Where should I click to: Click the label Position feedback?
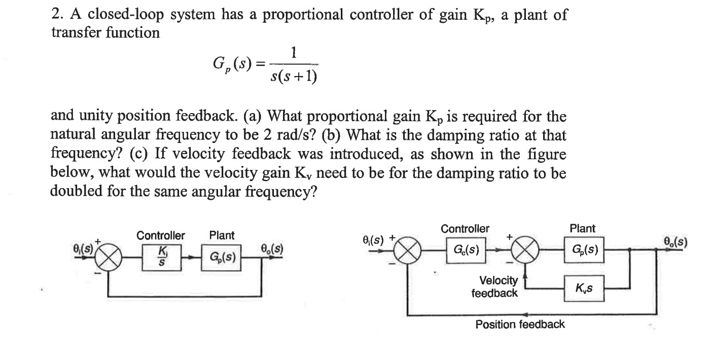(520, 325)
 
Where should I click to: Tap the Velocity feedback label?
(495, 287)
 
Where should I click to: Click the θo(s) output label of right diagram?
(674, 242)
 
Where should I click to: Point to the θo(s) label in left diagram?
(272, 249)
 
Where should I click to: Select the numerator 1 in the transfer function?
(294, 52)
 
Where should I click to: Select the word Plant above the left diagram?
(222, 235)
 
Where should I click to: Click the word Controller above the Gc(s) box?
(465, 229)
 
